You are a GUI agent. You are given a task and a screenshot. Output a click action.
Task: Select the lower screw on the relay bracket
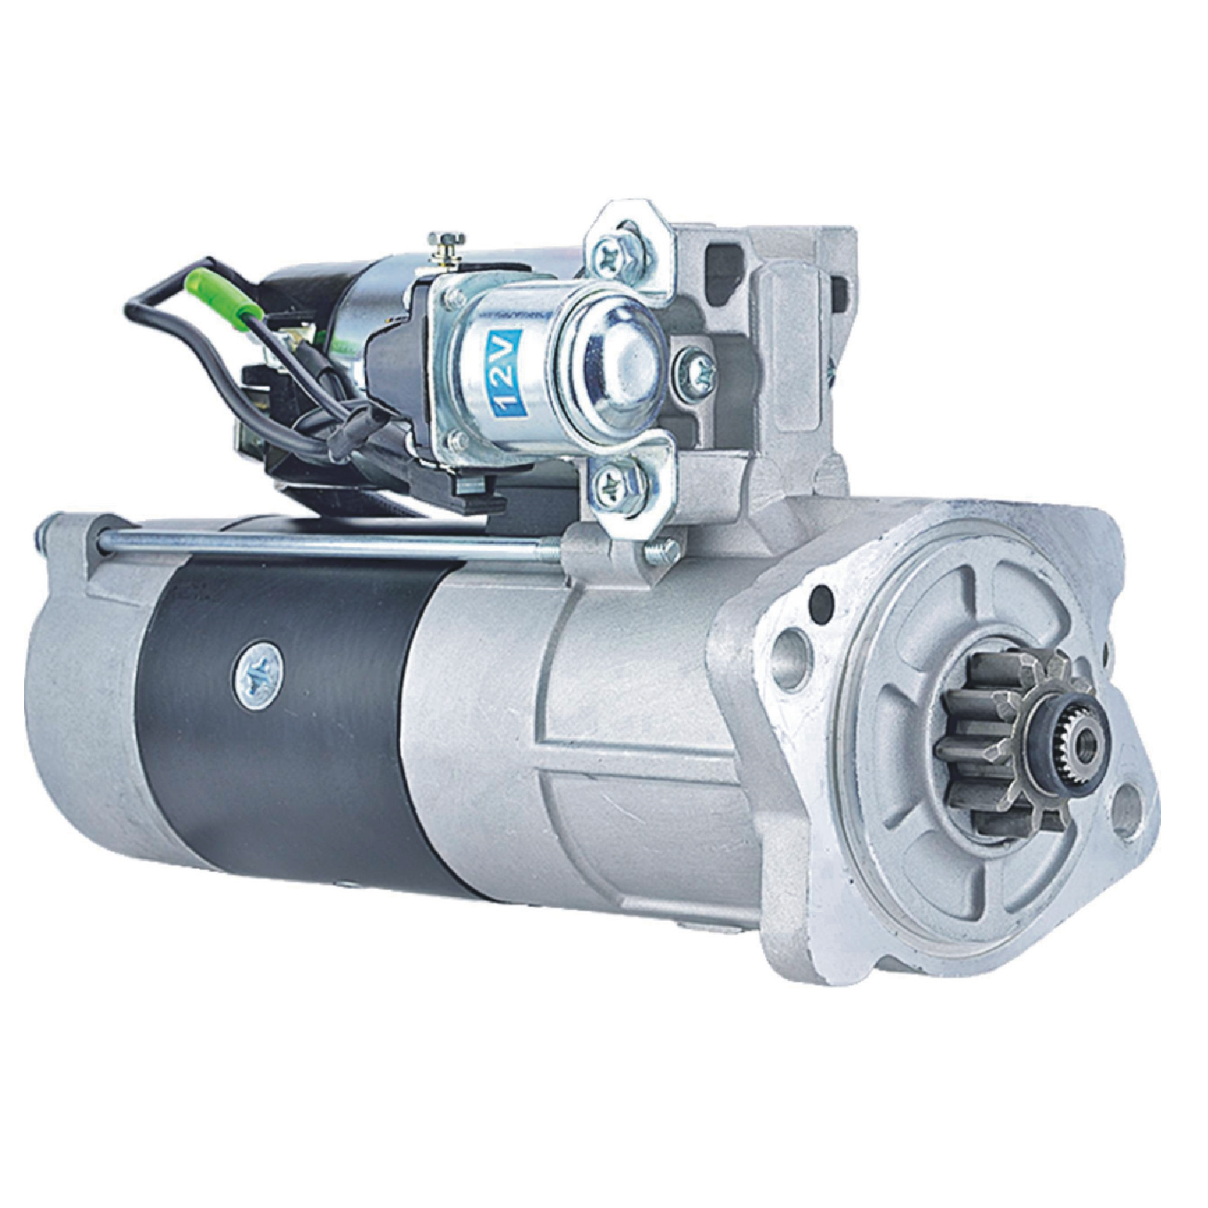pos(612,481)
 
